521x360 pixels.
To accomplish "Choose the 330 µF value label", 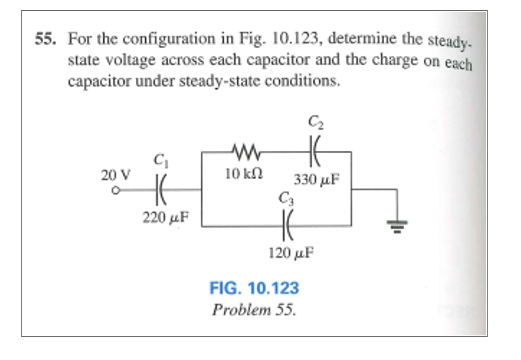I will (x=316, y=180).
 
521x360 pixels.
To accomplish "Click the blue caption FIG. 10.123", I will (x=254, y=288).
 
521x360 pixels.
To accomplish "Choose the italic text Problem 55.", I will (x=254, y=310).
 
